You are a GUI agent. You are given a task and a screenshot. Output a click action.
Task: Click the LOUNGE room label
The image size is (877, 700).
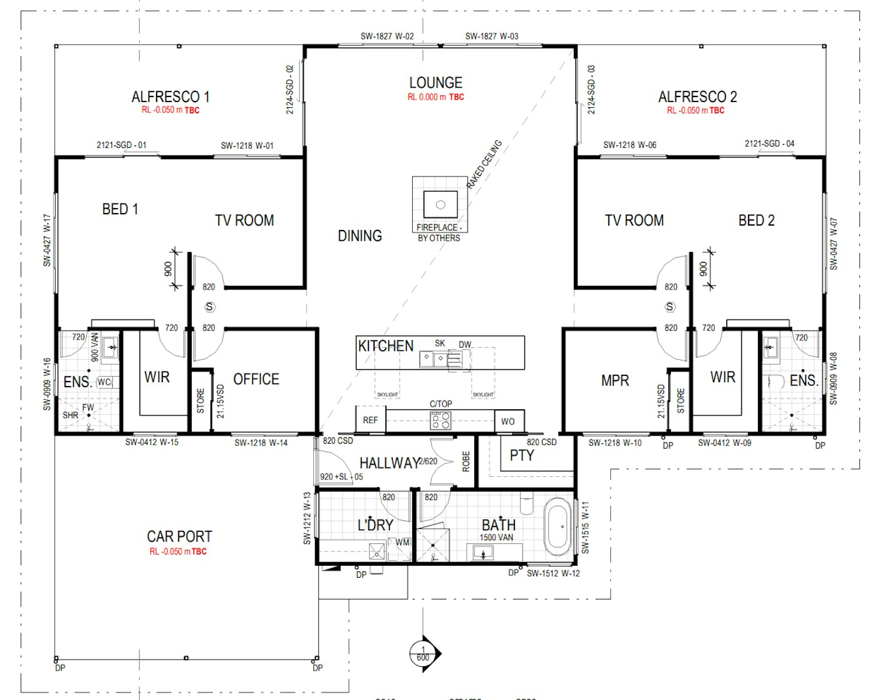point(435,83)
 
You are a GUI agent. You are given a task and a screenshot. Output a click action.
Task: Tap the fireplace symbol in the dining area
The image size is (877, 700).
point(440,204)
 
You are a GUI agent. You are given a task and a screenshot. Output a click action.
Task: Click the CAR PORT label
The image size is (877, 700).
point(179,536)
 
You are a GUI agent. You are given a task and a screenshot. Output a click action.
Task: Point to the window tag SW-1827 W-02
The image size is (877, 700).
point(387,36)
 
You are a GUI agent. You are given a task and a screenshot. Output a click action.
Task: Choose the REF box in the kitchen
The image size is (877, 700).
point(370,420)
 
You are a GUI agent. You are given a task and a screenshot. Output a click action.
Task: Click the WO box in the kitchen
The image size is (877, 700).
point(508,421)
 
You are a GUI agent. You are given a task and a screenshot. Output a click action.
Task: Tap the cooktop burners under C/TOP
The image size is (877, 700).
point(440,421)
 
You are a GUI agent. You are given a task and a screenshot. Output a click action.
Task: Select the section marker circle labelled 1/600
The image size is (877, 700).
point(423,654)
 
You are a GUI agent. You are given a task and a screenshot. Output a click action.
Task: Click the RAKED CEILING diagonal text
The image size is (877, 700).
point(484,164)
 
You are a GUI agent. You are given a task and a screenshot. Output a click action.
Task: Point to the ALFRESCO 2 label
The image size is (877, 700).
point(697,97)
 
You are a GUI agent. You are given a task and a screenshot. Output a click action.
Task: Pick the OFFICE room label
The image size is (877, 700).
point(256,379)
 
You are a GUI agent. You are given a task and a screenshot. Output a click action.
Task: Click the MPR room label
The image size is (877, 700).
point(615,380)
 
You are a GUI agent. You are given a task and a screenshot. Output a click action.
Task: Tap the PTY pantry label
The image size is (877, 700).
point(521,456)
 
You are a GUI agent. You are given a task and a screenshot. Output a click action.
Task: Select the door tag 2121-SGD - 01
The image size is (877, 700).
point(122,145)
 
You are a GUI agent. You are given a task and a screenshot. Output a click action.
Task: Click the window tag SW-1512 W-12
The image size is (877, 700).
point(553,573)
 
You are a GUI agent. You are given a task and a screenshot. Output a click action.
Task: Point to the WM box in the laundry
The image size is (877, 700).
point(402,543)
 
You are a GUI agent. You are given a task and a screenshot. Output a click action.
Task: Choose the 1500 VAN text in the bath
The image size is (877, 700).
point(496,537)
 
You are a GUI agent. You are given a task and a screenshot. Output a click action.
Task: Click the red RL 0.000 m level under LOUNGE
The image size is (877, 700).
point(435,97)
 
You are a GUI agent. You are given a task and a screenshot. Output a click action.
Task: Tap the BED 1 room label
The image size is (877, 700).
point(120,209)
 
